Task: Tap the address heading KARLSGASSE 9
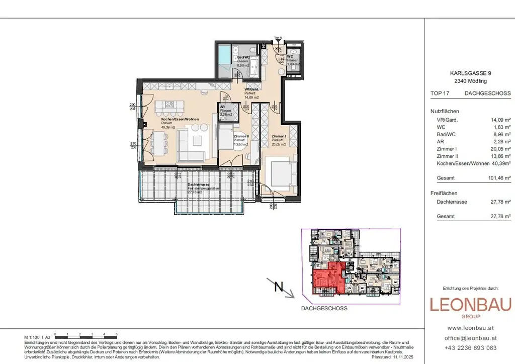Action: pos(470,73)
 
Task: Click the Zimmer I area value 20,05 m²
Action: pos(500,149)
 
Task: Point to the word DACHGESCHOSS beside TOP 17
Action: pos(487,93)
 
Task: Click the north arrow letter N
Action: pos(278,288)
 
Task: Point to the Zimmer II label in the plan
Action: pos(241,136)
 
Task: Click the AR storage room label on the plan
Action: pos(222,107)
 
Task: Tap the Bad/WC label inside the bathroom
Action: pos(243,58)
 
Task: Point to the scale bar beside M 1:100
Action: pos(85,335)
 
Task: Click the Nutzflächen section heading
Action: pos(445,112)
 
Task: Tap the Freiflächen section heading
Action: pos(444,193)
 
